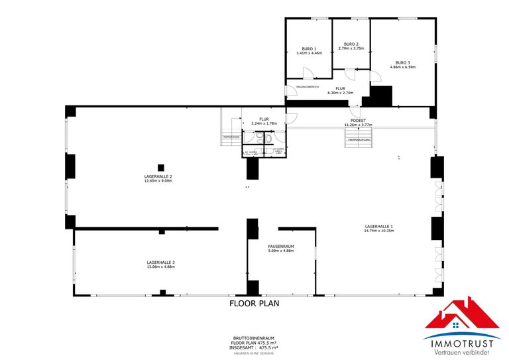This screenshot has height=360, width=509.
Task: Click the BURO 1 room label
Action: coord(309,48)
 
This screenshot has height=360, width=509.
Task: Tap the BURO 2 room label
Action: coord(351,44)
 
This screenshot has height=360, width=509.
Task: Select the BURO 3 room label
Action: coord(403,62)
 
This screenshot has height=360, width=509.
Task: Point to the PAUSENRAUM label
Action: coord(281,246)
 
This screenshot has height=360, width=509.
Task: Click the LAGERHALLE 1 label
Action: coord(379,226)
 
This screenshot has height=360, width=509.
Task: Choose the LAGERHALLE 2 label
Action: coord(158,176)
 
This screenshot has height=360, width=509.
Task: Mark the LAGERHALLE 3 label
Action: coord(161,263)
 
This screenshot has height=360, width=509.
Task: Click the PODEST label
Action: coord(358,121)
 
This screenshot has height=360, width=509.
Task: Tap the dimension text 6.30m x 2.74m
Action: coord(341,93)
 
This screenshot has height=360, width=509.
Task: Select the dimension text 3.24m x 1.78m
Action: coord(264,123)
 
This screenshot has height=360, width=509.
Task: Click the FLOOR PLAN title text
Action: coord(254,304)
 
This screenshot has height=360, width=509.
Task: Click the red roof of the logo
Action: coord(461,313)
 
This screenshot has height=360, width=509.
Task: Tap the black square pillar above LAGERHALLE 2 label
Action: coord(160,166)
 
